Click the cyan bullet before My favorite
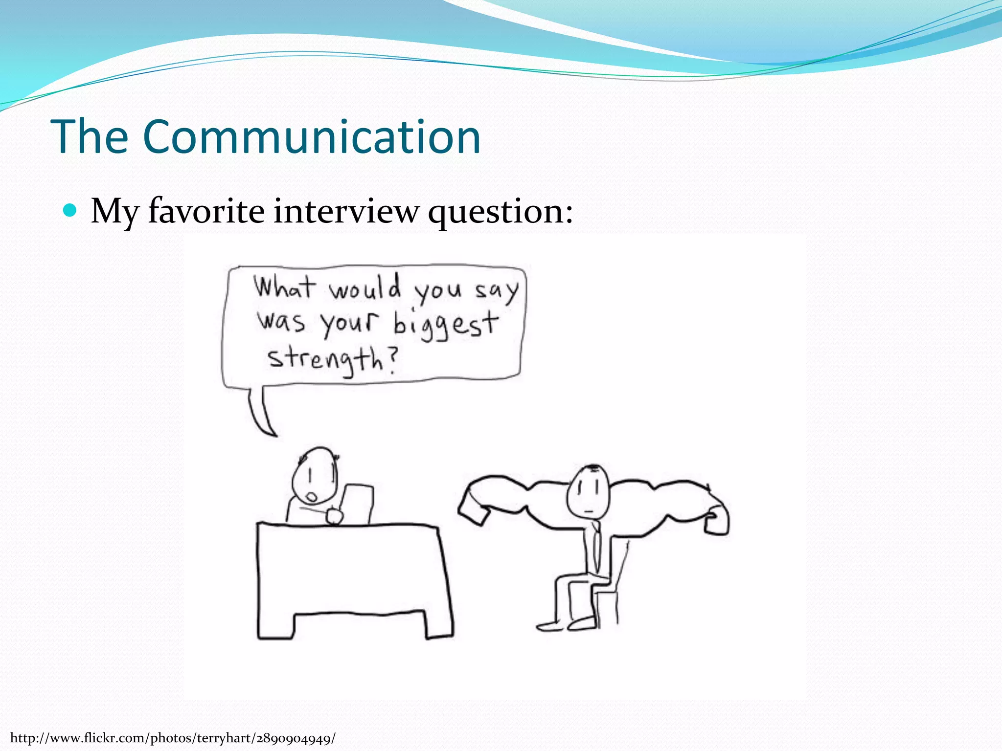tap(70, 210)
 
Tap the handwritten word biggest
tap(445, 324)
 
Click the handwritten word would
tap(364, 288)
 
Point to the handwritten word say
tap(496, 291)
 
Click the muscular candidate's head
tap(589, 491)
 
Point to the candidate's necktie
tap(595, 548)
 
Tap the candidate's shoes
tap(568, 624)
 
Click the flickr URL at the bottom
tap(173, 738)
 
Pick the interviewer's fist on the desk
tap(335, 516)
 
